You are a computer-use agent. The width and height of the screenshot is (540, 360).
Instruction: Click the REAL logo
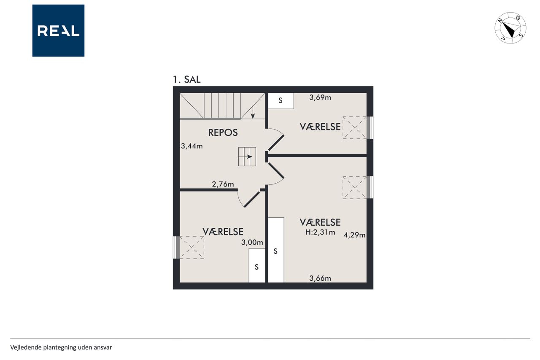[58, 31]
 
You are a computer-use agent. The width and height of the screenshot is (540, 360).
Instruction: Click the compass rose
[510, 28]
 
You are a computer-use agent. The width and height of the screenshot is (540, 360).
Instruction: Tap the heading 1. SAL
[186, 80]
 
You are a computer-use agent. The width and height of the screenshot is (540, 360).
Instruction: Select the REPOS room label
[223, 133]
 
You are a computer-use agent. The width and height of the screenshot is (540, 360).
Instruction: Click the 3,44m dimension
[192, 146]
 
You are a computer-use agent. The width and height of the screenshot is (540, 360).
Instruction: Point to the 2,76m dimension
[223, 184]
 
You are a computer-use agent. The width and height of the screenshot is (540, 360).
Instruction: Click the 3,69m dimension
[320, 97]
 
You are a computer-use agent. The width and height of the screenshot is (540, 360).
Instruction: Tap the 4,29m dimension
[354, 235]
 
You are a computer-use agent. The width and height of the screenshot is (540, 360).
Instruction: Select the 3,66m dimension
[320, 279]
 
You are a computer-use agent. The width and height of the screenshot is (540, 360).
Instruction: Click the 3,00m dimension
[252, 242]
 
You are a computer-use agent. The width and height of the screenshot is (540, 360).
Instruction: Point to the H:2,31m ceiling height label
[320, 232]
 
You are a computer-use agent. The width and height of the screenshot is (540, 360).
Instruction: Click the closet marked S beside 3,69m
[281, 101]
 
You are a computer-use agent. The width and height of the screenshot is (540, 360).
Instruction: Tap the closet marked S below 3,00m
[257, 265]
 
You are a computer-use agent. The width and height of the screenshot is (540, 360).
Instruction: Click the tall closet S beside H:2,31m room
[276, 250]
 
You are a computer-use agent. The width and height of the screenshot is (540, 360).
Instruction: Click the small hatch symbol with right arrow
[247, 157]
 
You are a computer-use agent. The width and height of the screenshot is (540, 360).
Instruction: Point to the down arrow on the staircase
[253, 112]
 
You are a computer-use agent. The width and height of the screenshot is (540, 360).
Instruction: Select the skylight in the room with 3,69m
[355, 127]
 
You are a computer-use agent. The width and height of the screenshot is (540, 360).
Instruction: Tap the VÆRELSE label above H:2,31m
[320, 222]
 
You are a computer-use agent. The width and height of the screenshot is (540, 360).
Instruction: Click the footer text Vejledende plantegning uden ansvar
[61, 347]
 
